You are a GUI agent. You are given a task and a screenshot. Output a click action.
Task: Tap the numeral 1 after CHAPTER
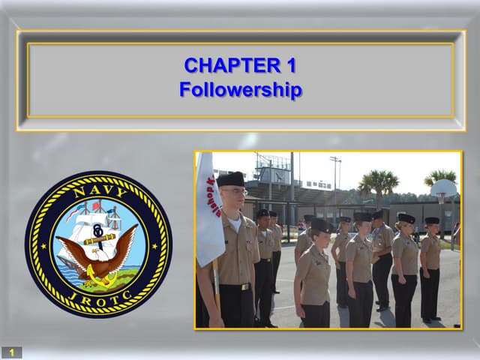pos(289,66)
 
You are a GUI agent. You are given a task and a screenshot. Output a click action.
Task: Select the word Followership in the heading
pos(240,90)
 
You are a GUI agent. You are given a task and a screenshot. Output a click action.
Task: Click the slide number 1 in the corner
pos(11,352)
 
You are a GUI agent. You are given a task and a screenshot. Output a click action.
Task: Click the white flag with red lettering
pos(209,210)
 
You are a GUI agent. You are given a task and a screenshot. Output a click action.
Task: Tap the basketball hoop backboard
pos(444,188)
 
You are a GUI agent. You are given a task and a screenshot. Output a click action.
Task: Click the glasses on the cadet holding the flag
pos(234,192)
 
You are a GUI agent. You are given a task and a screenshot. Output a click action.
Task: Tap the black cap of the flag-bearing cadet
pos(230,179)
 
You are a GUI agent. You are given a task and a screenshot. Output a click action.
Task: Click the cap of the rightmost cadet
pos(432,220)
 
